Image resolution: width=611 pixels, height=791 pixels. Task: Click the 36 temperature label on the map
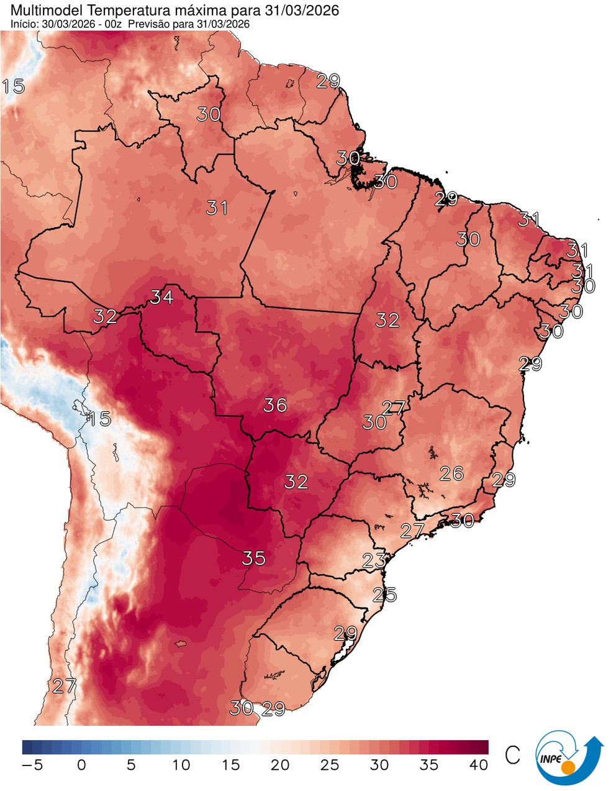[275, 405]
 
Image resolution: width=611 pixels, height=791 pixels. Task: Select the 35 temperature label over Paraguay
[254, 558]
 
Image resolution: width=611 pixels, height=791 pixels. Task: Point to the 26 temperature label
[451, 473]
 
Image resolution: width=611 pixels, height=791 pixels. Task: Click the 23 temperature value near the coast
[374, 560]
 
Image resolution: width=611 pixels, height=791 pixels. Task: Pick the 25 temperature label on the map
[384, 595]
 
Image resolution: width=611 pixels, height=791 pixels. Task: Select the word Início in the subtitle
[24, 24]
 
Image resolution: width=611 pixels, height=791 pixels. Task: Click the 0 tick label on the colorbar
[81, 765]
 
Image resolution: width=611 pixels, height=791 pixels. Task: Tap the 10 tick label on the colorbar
[181, 765]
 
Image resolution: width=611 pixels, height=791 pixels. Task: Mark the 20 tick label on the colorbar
[280, 765]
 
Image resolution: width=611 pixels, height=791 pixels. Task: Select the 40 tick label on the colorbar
[479, 765]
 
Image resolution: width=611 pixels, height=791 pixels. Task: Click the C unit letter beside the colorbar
[512, 755]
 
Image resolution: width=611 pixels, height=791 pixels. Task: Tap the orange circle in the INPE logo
[568, 768]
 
